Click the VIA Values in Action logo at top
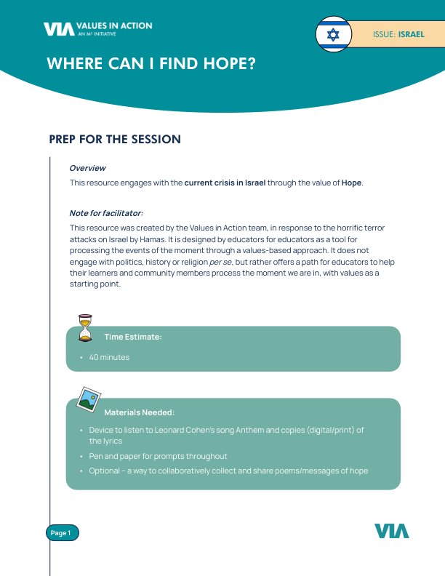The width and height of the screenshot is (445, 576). pos(97,28)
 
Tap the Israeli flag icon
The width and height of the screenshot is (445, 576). pos(333,34)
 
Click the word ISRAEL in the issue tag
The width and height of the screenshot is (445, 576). pos(411,34)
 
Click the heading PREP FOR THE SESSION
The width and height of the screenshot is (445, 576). pos(114,139)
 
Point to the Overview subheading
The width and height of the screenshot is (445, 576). pos(87,168)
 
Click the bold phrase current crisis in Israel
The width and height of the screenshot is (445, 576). pos(225,183)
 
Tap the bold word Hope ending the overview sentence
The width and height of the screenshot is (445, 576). pos(351,183)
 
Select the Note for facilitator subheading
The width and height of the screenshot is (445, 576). pos(106,213)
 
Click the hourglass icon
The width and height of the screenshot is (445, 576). pos(87,328)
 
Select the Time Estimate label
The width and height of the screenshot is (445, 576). pos(132,337)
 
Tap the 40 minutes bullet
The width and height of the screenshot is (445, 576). pos(109,358)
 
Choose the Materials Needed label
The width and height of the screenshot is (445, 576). pos(139,412)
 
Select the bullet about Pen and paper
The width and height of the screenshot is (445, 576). pos(158,456)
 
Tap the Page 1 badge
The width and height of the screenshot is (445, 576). pos(62,533)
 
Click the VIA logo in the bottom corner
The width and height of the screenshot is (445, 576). pos(392,531)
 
